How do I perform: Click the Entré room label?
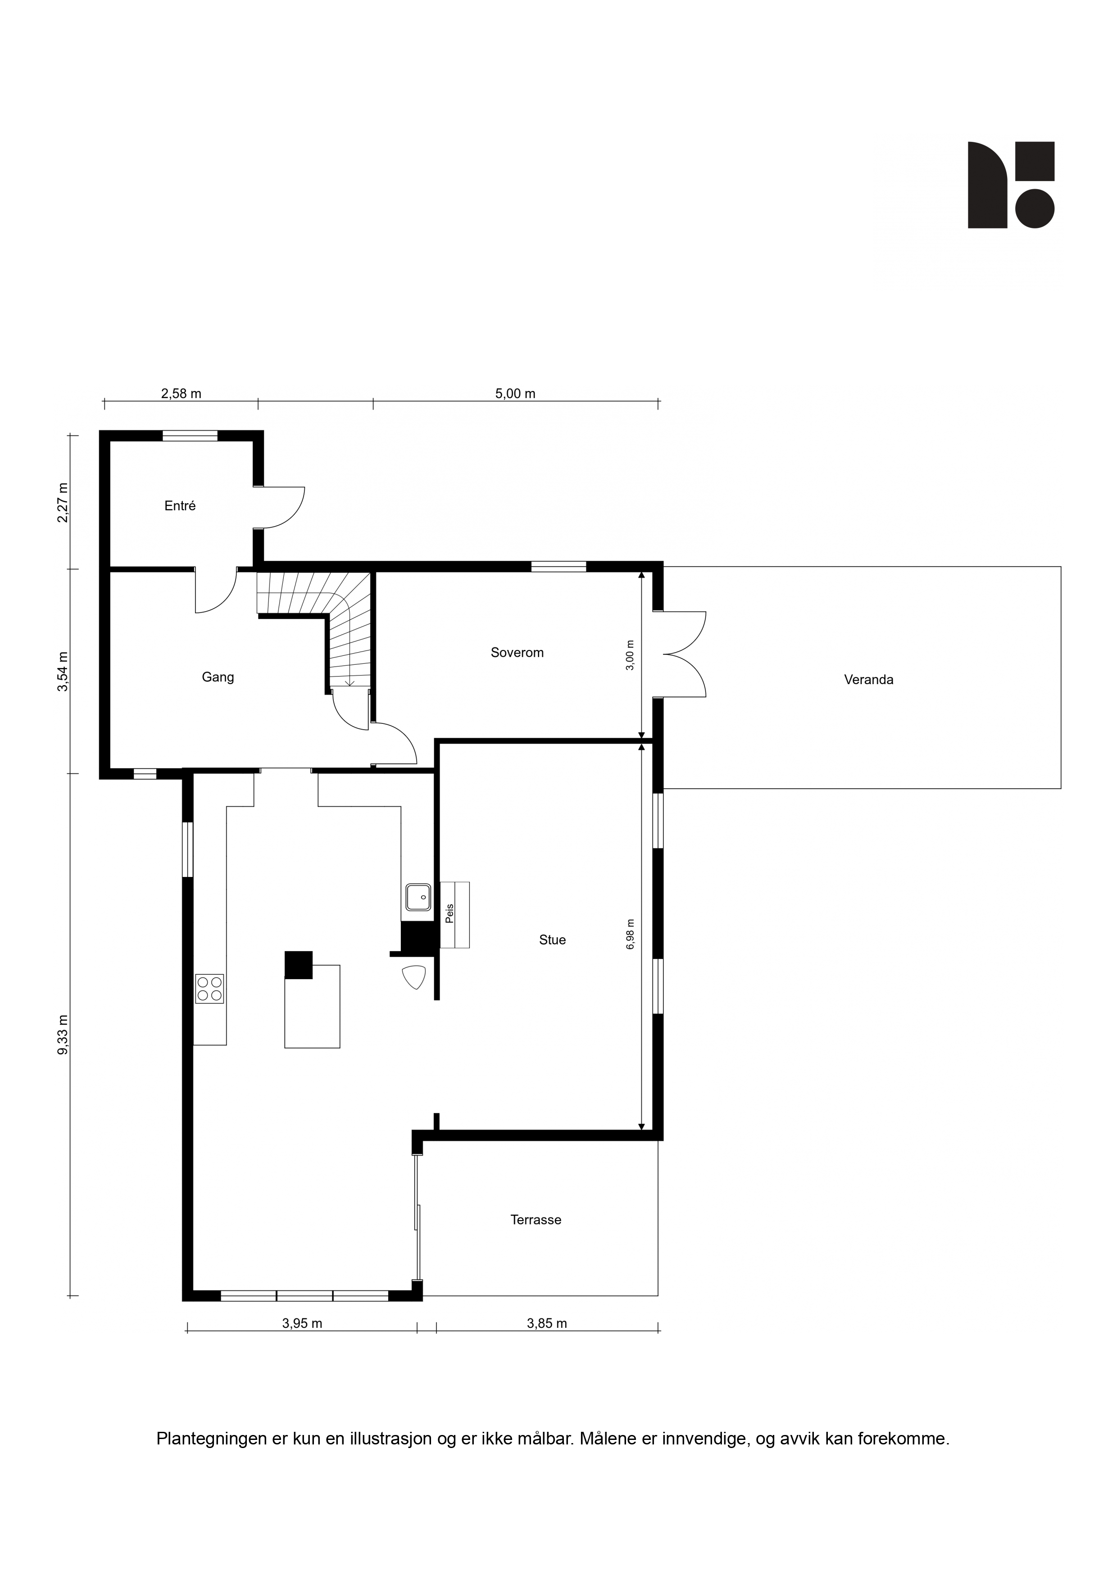click(x=180, y=506)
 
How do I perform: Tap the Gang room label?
click(x=218, y=677)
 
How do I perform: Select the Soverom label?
click(x=517, y=652)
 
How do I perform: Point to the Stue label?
click(x=553, y=940)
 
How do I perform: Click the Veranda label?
click(x=868, y=680)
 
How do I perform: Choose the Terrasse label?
click(x=536, y=1220)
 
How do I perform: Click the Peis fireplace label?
click(x=450, y=914)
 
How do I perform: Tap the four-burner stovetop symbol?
click(x=210, y=989)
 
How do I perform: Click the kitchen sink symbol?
click(x=418, y=897)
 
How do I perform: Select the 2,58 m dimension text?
click(x=181, y=394)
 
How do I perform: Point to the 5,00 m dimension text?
click(x=515, y=394)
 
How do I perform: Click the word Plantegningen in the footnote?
click(x=211, y=1439)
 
